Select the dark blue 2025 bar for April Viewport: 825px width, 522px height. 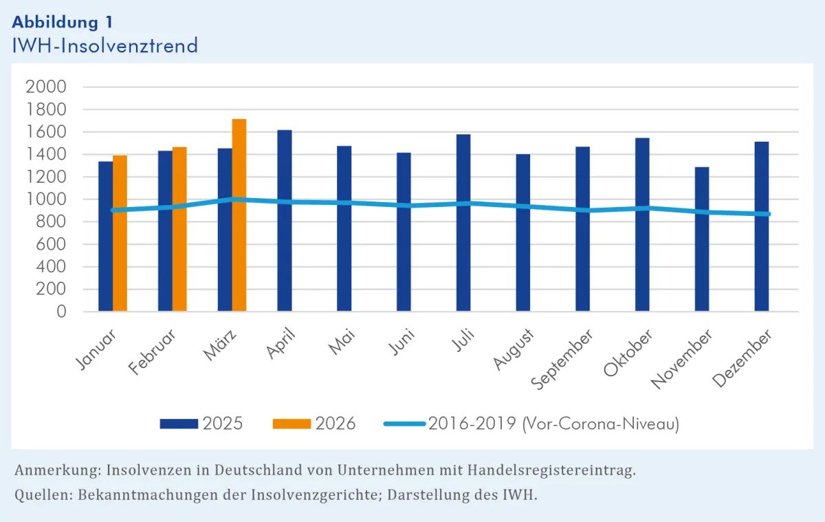tap(285, 221)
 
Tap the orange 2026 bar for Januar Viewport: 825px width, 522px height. tap(120, 234)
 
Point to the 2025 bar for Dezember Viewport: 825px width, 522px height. tap(762, 227)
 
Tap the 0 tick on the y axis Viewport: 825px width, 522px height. tap(60, 312)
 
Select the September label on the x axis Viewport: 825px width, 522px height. tap(562, 360)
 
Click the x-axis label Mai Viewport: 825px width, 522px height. tap(342, 342)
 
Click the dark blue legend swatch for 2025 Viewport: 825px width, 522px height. tap(179, 424)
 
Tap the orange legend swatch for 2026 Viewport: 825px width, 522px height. tap(291, 424)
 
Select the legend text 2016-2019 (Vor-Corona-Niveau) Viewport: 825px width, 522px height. tap(553, 424)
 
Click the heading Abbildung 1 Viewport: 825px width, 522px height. tap(63, 21)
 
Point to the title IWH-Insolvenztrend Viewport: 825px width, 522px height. tap(104, 45)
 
